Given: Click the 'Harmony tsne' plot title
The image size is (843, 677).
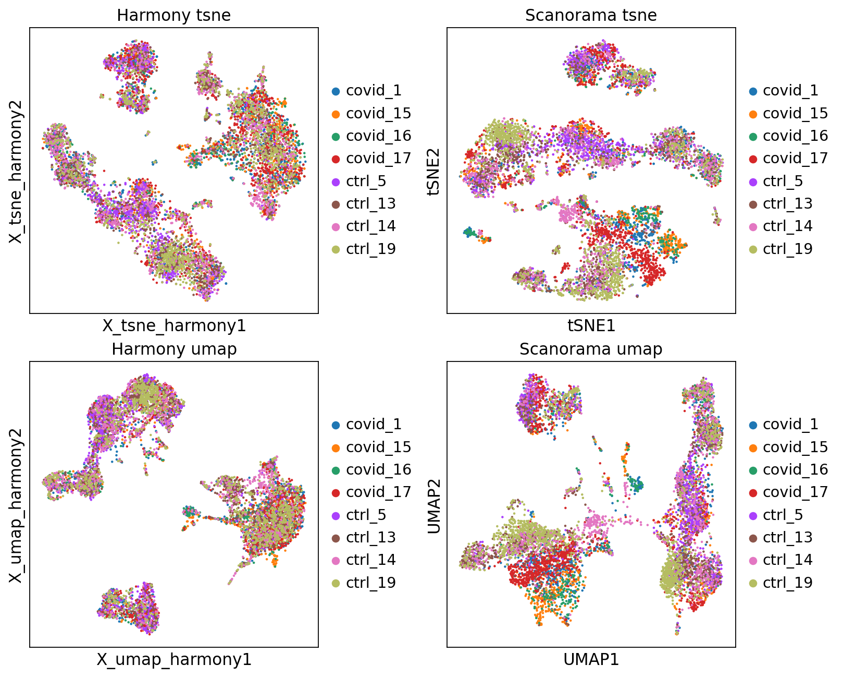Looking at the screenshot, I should pos(173,15).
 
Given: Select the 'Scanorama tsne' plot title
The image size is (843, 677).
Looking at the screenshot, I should pos(591,15).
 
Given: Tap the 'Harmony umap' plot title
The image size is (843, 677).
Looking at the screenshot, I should pos(173,349).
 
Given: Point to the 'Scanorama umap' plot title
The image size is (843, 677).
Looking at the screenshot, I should pos(591,349).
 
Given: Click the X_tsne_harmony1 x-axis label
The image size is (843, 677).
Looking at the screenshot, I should pos(173,326).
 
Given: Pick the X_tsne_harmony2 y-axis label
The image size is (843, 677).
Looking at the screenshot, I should pos(16,171).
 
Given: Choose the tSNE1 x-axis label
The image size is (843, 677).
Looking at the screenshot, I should pos(591,326).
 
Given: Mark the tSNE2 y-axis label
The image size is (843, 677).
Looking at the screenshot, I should pos(433,171).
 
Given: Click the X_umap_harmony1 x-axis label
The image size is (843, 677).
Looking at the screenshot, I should pos(173,660).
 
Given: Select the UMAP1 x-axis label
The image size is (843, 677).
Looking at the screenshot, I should pos(591,660).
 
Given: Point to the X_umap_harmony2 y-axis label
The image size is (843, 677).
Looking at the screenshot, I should pos(16,505).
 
